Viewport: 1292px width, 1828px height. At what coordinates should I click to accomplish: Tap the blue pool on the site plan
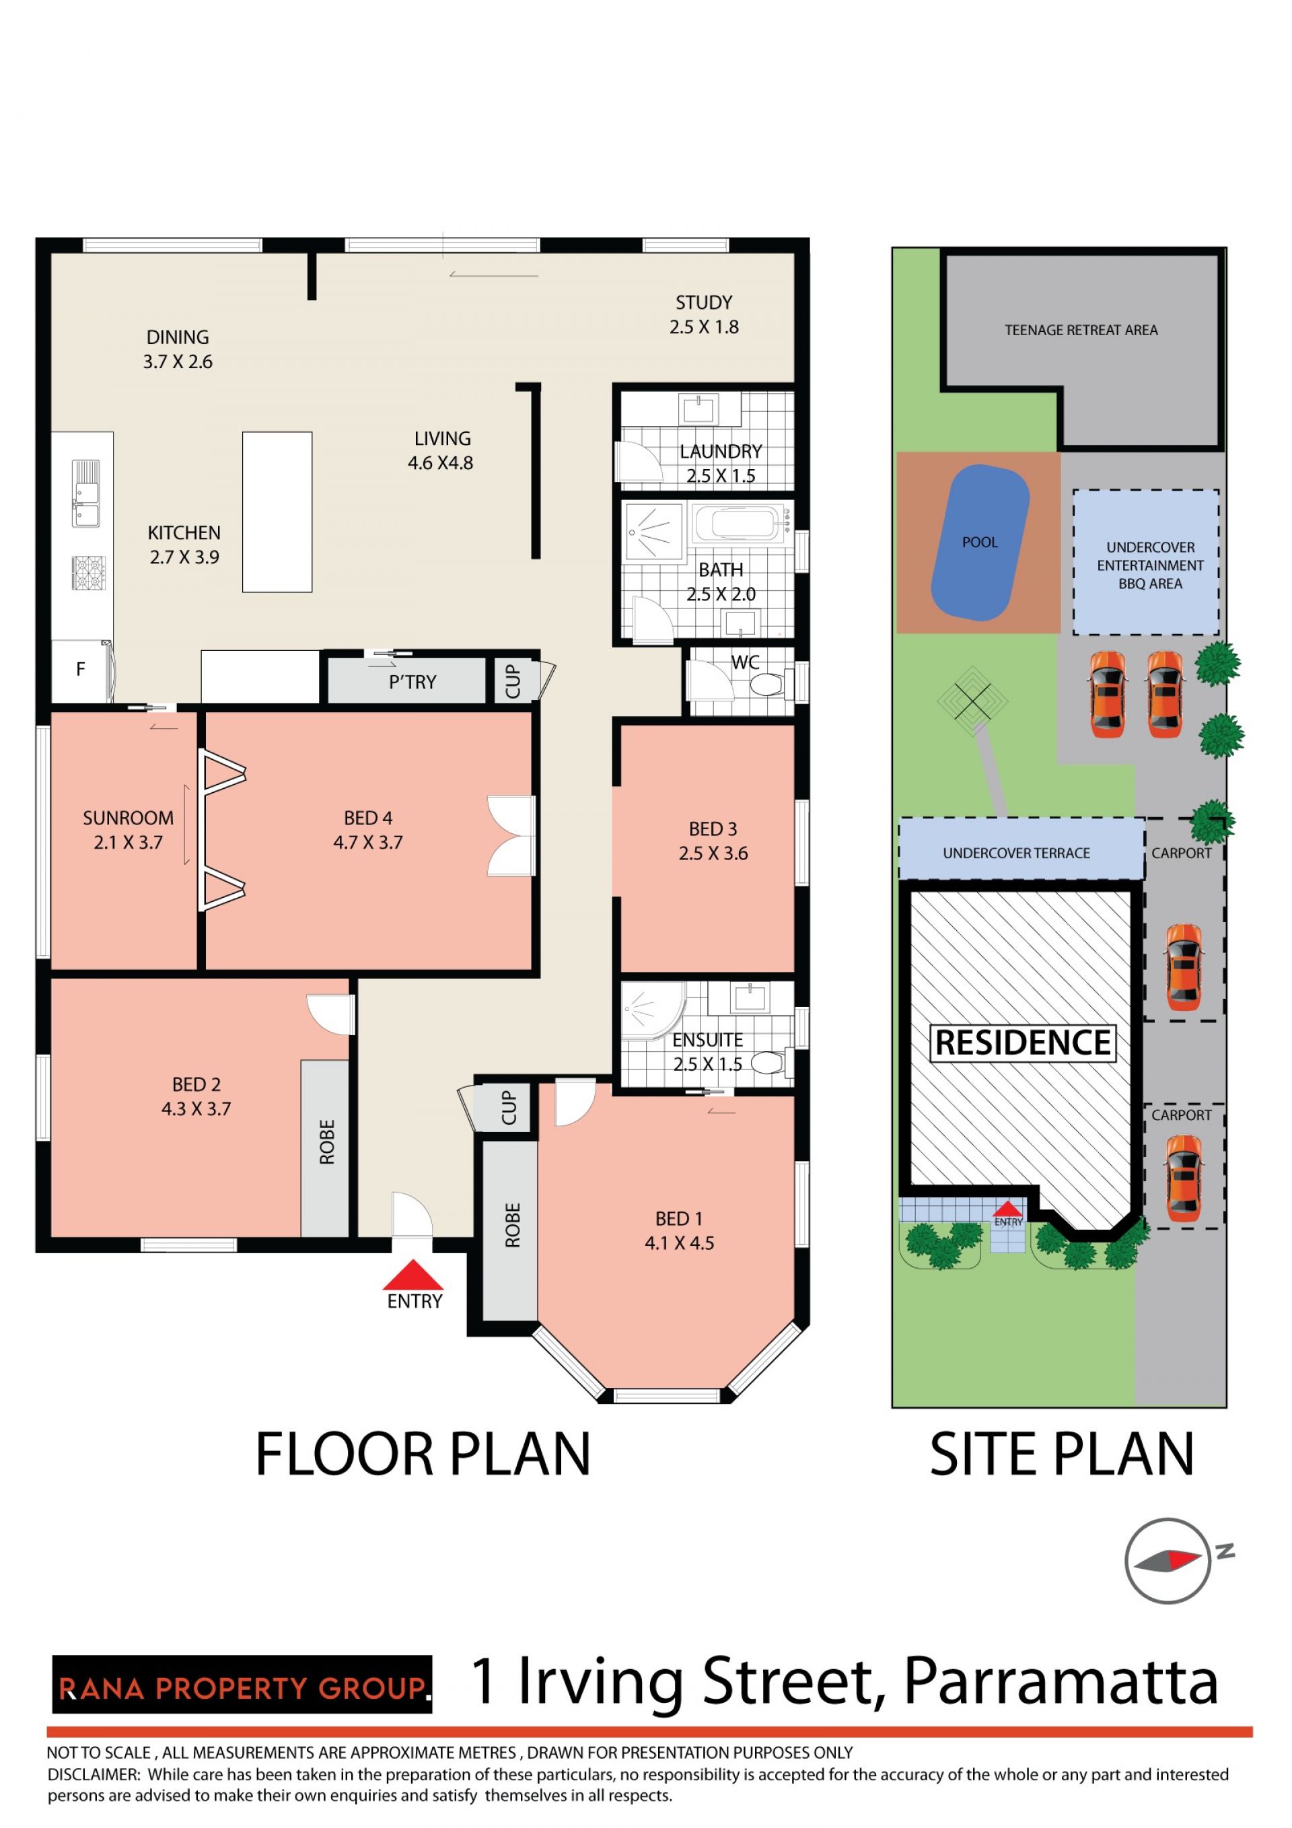(980, 543)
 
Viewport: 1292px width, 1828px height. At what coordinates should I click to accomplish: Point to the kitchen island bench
(277, 512)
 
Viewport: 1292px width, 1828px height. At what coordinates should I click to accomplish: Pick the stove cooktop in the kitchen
(87, 573)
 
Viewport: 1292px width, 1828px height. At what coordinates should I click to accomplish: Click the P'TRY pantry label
(412, 682)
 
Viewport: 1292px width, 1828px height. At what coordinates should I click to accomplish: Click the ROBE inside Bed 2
(325, 1148)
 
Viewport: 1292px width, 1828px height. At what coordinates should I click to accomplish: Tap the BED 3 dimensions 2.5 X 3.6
(713, 853)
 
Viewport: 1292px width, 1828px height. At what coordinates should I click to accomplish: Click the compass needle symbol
(1167, 1561)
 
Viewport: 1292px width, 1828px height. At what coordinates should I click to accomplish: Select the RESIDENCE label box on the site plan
(1023, 1043)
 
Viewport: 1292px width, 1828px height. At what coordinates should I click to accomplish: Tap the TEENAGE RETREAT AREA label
(1081, 330)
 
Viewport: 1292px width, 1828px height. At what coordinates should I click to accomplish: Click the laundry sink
(700, 410)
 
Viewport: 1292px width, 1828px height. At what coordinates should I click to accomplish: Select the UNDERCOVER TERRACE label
(1016, 853)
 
